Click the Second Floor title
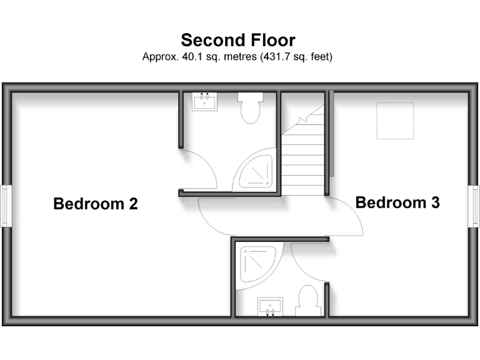pos(237,41)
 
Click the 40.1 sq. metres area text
pos(206,57)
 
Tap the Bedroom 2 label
pos(96,204)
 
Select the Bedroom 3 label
pos(397,202)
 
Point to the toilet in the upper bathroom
pos(251,107)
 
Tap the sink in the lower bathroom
pos(270,307)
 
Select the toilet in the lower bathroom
pos(307,301)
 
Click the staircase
pos(304,153)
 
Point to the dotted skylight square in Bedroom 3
pos(395,121)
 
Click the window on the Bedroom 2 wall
pos(6,205)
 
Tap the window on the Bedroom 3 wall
pos(474,205)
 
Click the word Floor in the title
pos(271,41)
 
